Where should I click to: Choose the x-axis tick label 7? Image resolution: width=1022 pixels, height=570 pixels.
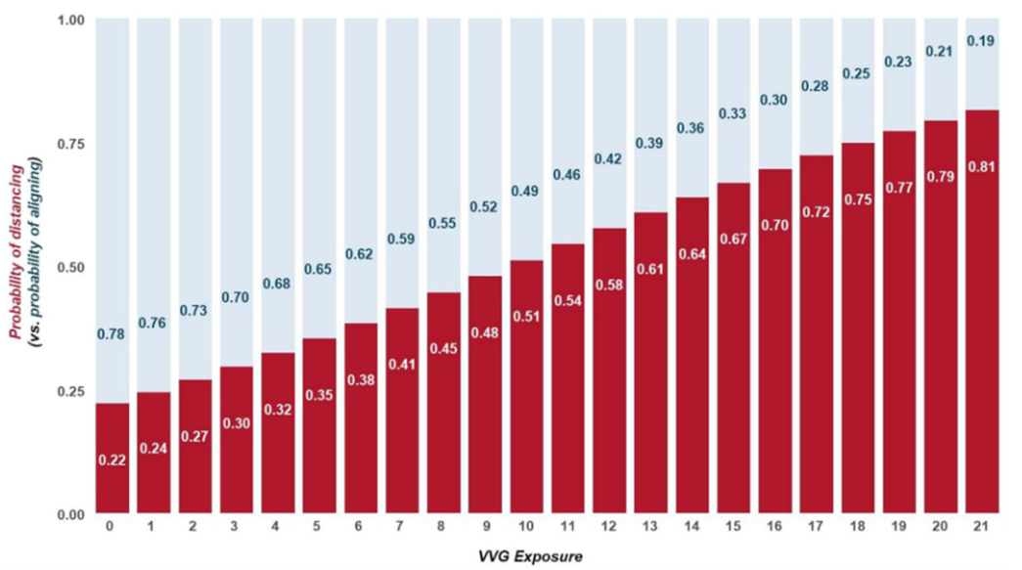pos(402,526)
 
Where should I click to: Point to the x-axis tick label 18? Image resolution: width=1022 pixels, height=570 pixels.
pos(858,526)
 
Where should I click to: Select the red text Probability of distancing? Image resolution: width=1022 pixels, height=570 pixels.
pos(17,252)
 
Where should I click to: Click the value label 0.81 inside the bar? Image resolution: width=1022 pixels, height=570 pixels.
pos(982,166)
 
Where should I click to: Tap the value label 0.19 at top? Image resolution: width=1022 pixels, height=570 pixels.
pos(982,40)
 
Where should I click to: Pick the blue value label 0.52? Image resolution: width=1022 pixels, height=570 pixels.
pos(485,207)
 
